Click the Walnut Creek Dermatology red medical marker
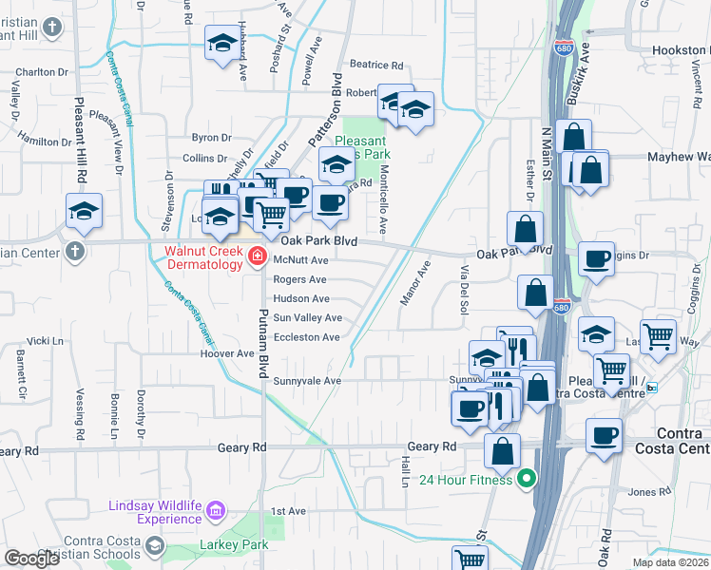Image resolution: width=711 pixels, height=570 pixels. [257, 256]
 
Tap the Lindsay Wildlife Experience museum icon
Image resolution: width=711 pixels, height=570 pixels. [216, 513]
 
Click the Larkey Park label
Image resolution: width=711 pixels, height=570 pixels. [234, 545]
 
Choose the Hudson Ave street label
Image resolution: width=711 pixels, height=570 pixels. [300, 298]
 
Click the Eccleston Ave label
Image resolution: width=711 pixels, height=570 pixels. [306, 337]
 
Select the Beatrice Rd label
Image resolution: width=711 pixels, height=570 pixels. [376, 65]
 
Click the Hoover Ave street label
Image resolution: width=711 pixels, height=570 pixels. [227, 353]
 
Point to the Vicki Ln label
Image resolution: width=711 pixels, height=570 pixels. [44, 340]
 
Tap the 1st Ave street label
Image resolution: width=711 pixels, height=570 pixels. [288, 511]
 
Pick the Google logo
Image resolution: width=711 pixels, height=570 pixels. [31, 559]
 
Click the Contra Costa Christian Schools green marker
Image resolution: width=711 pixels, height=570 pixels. [153, 548]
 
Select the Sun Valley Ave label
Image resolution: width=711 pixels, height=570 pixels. [307, 318]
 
